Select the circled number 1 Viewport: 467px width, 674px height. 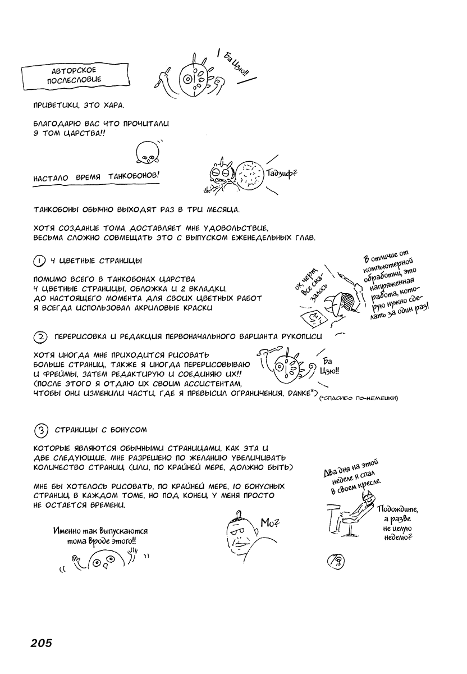(x=39, y=261)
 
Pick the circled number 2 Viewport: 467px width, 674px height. (x=40, y=337)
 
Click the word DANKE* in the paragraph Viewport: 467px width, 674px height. (x=302, y=392)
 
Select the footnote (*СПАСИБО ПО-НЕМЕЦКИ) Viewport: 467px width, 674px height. (x=358, y=398)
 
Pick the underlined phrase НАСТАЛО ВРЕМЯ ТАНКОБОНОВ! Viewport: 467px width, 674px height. (x=96, y=176)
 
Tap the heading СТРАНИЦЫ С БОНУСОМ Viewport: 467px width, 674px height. (x=100, y=430)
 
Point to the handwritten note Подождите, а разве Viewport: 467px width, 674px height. (x=399, y=514)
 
